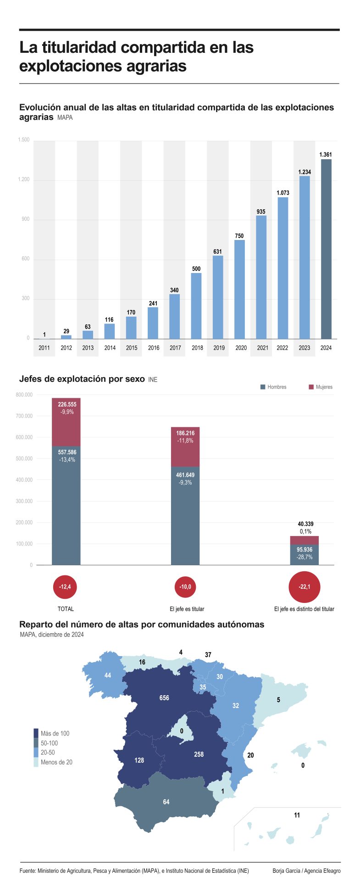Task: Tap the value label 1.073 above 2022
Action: pos(282,193)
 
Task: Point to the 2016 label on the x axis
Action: pos(153,348)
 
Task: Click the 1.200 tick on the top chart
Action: pos(24,179)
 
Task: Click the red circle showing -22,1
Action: pos(304,587)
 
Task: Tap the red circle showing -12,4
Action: pos(65,587)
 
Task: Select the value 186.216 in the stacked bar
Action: pos(185,433)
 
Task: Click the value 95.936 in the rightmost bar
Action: pos(305,550)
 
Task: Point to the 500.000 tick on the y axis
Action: pos(24,458)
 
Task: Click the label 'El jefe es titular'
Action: pos(187,609)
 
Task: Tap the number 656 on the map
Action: pos(164,698)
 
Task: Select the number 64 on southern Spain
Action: pos(166,802)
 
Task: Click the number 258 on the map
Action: pos(199,754)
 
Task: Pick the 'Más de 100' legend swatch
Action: pos(36,733)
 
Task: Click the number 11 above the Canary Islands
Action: pos(297,815)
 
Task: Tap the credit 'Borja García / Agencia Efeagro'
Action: pos(306,870)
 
